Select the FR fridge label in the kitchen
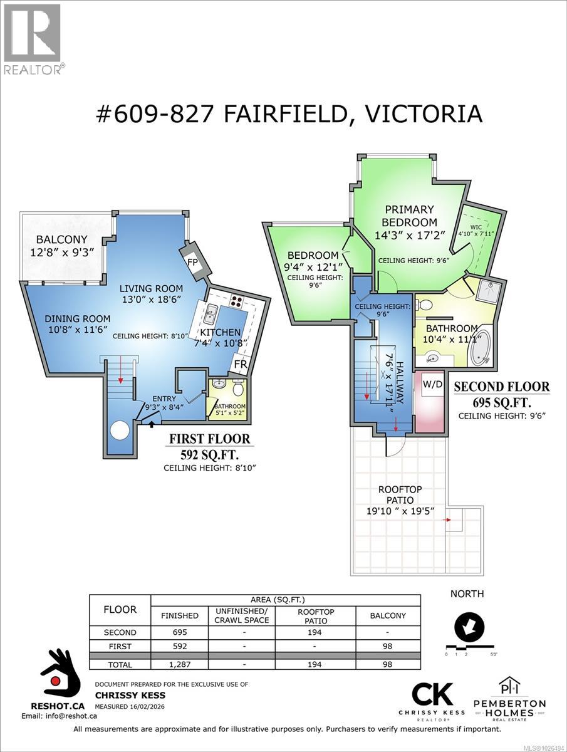pyautogui.click(x=239, y=364)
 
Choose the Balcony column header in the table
pyautogui.click(x=388, y=615)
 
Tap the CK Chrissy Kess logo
pyautogui.click(x=432, y=697)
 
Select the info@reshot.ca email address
pyautogui.click(x=49, y=716)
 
